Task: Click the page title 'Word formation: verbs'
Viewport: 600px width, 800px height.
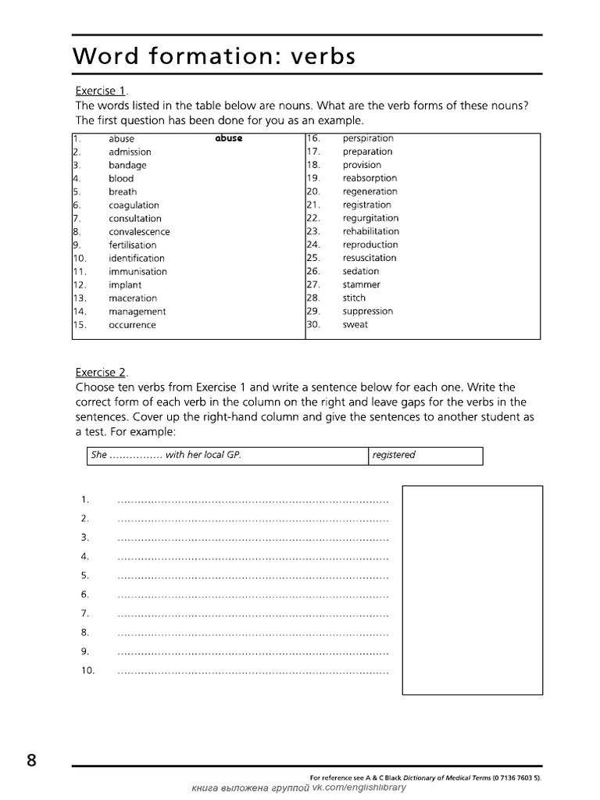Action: [214, 56]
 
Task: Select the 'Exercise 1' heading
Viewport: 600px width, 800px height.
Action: [100, 91]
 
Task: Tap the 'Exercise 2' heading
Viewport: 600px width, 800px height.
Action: [100, 372]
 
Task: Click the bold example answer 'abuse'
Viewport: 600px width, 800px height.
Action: [228, 138]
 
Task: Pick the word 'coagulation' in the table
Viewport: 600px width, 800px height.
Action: [134, 205]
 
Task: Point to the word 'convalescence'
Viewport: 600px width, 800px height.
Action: [139, 231]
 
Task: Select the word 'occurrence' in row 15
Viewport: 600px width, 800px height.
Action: [132, 324]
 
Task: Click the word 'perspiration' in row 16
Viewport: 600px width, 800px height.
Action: [368, 138]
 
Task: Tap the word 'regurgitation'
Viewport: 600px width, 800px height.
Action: [370, 218]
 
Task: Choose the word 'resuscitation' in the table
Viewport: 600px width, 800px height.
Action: [369, 258]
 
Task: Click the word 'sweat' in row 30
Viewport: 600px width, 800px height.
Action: [355, 324]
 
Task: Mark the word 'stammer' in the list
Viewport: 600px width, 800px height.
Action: [361, 284]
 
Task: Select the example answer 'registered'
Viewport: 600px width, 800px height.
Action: [394, 455]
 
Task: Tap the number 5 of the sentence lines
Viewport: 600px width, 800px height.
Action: [84, 575]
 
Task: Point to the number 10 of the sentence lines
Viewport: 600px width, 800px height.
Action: [87, 670]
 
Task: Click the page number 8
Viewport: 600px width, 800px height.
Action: [31, 761]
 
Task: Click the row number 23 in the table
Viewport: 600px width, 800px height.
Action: [313, 231]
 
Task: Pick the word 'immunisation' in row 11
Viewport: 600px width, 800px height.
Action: [137, 271]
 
